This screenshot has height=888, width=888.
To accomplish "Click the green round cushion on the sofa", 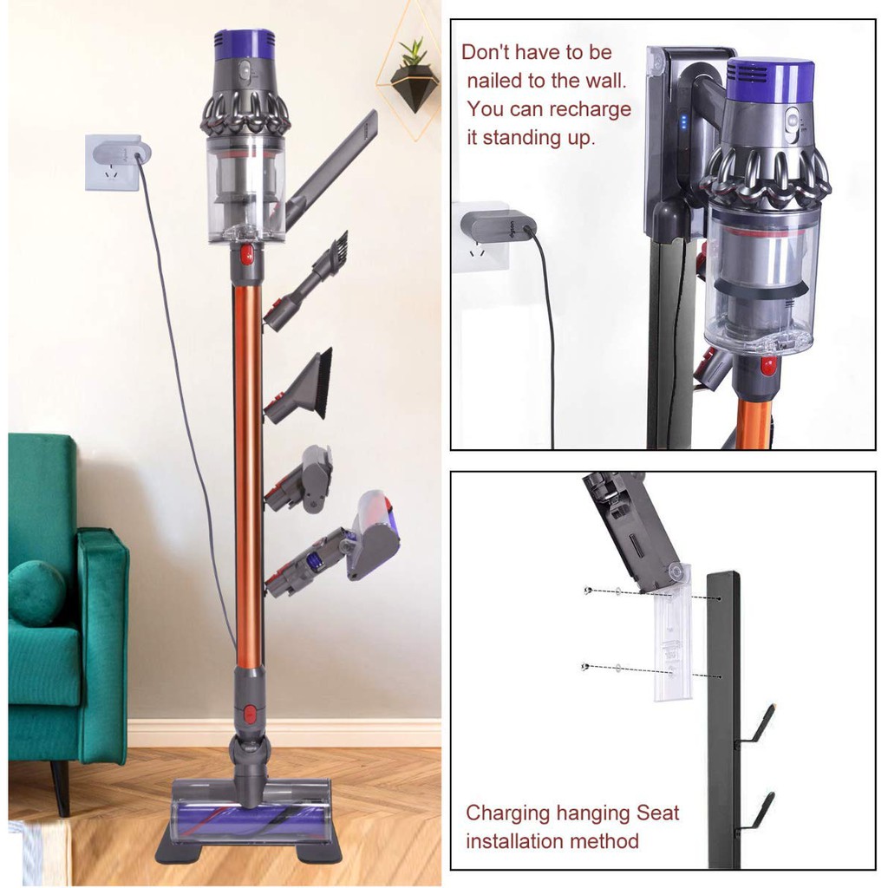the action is click(36, 593).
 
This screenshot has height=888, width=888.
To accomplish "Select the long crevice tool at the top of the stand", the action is click(331, 170).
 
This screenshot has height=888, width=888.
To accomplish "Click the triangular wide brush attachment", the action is click(301, 385).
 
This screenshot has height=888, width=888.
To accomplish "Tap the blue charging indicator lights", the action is click(683, 123).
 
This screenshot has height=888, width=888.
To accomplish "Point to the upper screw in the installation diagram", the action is click(588, 591).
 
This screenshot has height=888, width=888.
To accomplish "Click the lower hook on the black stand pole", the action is click(756, 813).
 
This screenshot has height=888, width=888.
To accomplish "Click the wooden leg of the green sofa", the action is click(61, 787).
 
